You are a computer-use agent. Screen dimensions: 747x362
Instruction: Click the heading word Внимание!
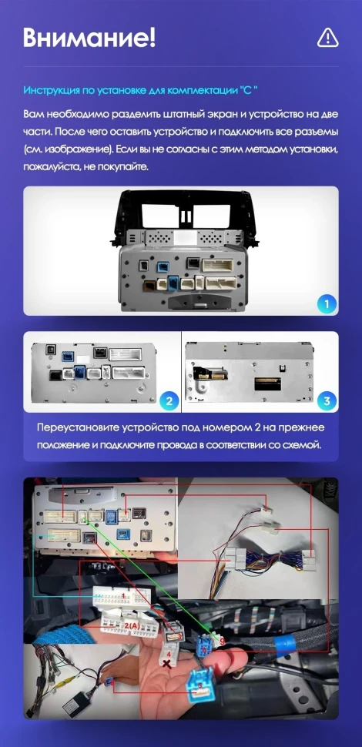pos(89,37)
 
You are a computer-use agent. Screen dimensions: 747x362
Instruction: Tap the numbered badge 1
pos(327,303)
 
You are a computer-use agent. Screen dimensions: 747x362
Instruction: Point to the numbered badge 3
pos(327,400)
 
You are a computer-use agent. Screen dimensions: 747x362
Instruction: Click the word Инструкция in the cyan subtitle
pos(50,89)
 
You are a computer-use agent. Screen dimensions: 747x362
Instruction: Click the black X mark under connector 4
pos(168,663)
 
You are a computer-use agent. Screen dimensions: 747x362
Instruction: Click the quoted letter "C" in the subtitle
pos(247,89)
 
